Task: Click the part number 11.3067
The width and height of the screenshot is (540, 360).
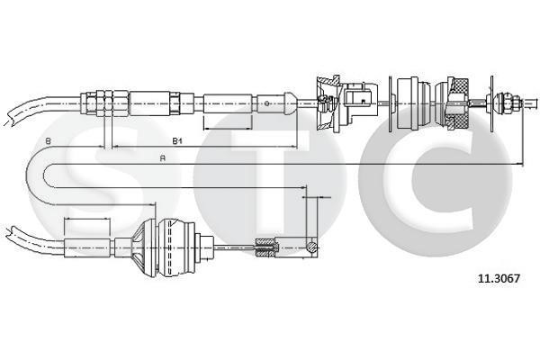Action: (499, 278)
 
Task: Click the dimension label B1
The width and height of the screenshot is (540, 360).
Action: (177, 140)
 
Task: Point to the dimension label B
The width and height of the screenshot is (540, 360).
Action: (49, 140)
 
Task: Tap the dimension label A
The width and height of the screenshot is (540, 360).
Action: (163, 158)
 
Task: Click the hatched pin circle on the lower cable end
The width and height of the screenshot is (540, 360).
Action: (311, 247)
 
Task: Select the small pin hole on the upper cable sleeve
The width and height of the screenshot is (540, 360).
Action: (265, 103)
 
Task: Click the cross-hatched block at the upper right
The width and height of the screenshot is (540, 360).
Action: (458, 103)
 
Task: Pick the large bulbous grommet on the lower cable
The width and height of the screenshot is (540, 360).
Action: (167, 247)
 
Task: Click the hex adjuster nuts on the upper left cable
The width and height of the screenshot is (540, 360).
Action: (104, 103)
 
